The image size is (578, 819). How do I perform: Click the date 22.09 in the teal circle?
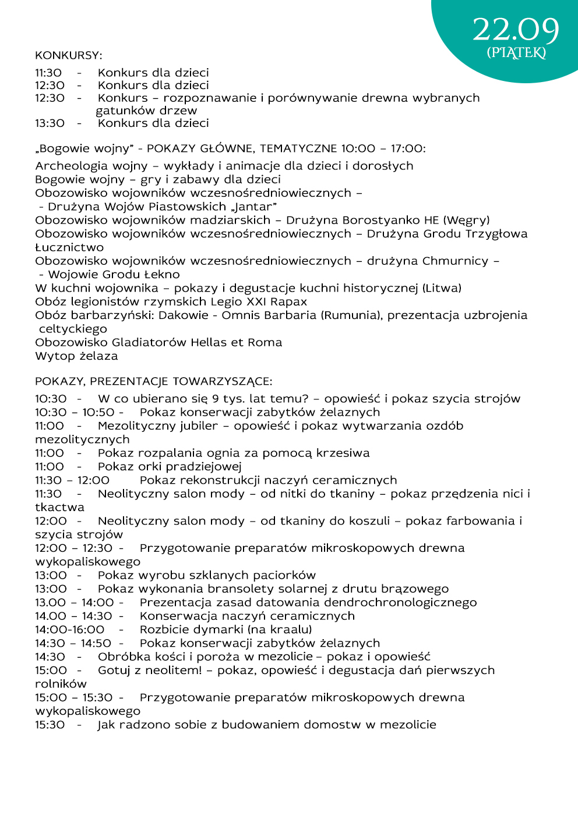516,30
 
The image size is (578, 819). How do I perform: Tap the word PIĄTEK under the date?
516,53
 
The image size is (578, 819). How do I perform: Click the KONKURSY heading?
68,55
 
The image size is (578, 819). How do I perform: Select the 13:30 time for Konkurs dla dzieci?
50,123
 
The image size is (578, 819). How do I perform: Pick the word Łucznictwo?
69,247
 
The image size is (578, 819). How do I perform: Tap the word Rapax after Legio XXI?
288,302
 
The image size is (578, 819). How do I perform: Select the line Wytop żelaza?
76,356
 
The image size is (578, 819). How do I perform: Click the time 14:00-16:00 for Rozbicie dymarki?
69,630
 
